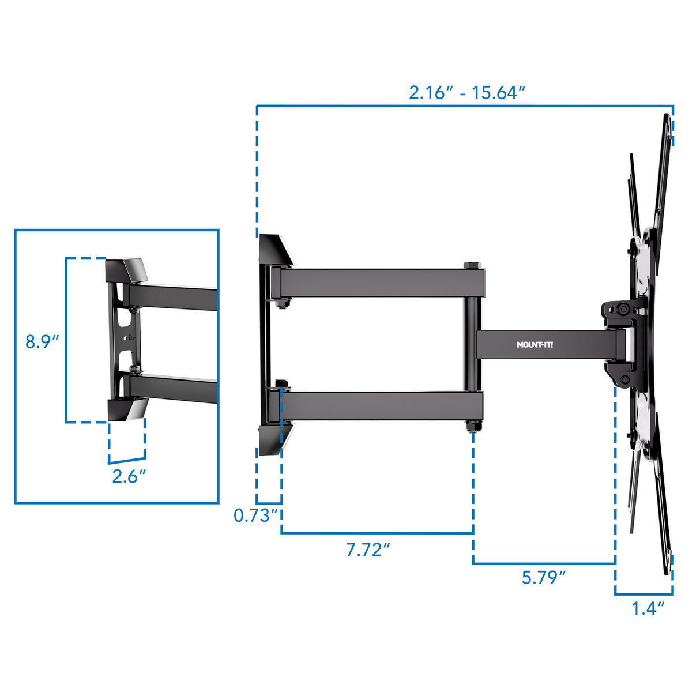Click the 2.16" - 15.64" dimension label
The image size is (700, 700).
tap(466, 92)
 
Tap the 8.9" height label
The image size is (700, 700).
tap(42, 341)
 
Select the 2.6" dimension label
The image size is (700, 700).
tap(129, 476)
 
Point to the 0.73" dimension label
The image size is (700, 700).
tap(255, 515)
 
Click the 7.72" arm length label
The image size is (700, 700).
tap(368, 550)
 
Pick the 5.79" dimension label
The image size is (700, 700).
tap(543, 577)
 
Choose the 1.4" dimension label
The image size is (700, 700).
tap(648, 608)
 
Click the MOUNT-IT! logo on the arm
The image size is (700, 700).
tap(535, 345)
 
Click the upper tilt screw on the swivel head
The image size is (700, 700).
tap(624, 310)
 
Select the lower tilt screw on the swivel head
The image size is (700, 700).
tap(624, 379)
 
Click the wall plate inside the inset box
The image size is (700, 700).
tap(118, 340)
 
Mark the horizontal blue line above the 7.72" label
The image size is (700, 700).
tap(377, 533)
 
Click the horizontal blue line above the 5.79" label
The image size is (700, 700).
tap(544, 563)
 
